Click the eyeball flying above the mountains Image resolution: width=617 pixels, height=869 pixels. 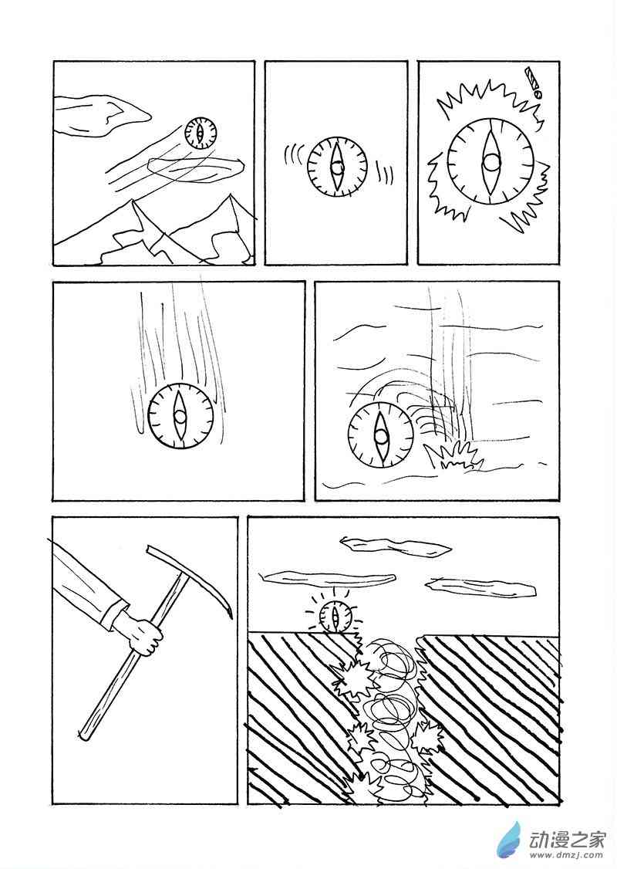[201, 133]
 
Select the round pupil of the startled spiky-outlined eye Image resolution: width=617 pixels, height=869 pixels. [491, 163]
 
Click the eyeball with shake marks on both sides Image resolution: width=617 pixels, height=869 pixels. [337, 166]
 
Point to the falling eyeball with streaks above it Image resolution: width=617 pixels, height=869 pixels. [180, 416]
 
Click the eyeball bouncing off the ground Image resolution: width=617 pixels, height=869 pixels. [380, 435]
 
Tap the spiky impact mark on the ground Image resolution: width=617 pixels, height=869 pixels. [454, 457]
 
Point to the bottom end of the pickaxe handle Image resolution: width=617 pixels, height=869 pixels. [83, 736]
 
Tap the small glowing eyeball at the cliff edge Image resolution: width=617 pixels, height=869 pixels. [335, 617]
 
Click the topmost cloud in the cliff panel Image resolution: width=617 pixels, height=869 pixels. [396, 546]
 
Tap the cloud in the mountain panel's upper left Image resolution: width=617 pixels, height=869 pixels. [103, 115]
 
